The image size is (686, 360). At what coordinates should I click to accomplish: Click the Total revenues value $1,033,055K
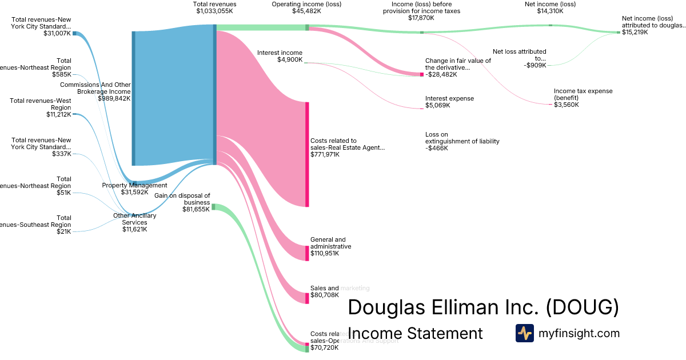[x=215, y=11]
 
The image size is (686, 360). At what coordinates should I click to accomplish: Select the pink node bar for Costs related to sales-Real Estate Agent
[x=307, y=154]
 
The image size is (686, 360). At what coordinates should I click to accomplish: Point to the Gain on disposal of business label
[x=182, y=199]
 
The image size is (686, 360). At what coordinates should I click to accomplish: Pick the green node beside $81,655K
[x=213, y=206]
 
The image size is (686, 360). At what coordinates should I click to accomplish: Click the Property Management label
[x=134, y=185]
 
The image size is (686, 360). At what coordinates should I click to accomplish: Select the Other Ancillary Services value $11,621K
[x=135, y=229]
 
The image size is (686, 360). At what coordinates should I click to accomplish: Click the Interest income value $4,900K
[x=290, y=59]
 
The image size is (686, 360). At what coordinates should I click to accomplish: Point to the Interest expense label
[x=449, y=98]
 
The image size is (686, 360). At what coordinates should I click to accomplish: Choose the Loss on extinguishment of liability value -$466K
[x=436, y=148]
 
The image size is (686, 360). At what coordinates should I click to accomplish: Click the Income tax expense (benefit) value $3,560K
[x=567, y=105]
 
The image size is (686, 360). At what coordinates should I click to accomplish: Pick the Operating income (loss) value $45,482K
[x=307, y=11]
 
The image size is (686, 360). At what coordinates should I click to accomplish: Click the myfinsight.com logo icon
[x=524, y=333]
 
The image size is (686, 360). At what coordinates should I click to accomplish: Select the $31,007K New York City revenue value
[x=57, y=33]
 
